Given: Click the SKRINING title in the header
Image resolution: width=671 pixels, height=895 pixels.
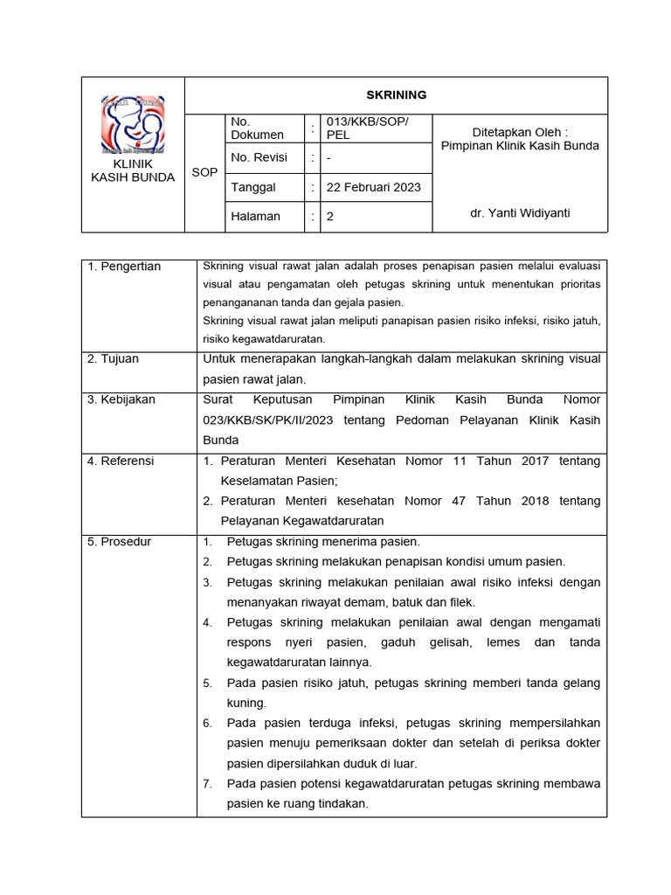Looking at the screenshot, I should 396,95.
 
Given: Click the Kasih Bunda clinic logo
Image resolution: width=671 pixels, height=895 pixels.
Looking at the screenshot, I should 133,125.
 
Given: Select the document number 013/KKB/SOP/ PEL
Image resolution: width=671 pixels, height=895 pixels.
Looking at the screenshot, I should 366,128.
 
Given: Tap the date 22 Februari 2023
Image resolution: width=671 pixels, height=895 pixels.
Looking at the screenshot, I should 373,187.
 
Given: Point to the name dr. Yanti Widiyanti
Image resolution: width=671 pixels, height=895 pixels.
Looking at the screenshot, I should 520,212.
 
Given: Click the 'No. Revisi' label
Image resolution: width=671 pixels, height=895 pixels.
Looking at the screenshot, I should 259,158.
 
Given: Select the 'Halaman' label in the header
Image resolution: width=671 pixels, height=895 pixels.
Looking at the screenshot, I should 255,217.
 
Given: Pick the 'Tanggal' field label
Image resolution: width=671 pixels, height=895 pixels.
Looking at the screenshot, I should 253,187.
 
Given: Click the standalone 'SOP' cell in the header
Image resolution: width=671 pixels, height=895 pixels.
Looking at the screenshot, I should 204,172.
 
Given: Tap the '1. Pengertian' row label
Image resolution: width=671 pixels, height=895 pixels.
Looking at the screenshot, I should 124,267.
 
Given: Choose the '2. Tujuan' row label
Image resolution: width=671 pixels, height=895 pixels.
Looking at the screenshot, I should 113,358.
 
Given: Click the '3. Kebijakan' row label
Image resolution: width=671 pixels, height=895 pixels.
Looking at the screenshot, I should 121,399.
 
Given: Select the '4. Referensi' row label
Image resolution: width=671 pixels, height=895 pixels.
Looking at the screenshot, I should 121,460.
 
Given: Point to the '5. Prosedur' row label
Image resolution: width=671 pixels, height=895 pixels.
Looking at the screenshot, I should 120,541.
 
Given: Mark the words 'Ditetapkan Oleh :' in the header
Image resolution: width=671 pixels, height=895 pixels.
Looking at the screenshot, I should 520,131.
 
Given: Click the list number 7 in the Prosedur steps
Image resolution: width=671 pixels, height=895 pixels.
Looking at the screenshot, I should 208,784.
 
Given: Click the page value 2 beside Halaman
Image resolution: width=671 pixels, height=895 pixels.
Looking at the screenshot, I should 330,217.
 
